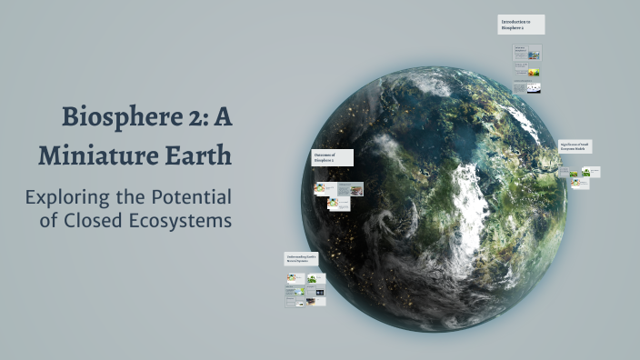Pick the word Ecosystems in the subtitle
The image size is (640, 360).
point(186,220)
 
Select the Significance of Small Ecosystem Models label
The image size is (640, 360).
point(576,145)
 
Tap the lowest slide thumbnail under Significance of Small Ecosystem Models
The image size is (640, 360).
point(580,184)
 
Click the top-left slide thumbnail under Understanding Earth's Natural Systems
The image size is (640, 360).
point(294,278)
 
